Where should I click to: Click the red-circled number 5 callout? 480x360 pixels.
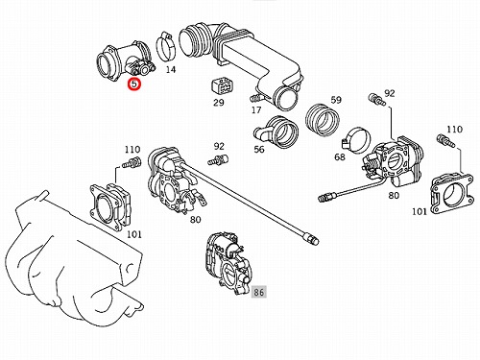coord(134,84)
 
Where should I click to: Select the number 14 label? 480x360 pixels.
coord(171,69)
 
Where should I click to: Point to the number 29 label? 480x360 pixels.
coord(219,103)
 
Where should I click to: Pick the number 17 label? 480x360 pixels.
coord(256,110)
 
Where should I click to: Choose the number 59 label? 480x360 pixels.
coord(336,100)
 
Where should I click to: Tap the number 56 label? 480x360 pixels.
coord(259,149)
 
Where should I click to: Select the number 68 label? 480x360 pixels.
coord(340,157)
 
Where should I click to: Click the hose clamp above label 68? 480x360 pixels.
coord(356,140)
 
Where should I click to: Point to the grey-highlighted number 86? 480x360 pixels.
coord(258,292)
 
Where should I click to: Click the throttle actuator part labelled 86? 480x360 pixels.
coord(228,263)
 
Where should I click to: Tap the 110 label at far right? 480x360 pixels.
coord(454,130)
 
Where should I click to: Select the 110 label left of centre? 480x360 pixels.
coord(132,150)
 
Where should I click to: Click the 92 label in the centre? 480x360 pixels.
coord(219,146)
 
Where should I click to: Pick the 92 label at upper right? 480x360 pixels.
coord(390,93)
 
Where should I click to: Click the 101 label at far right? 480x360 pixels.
coord(420,211)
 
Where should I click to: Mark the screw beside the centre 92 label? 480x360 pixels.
coord(217,159)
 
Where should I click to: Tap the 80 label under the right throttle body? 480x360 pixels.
coord(394,195)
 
